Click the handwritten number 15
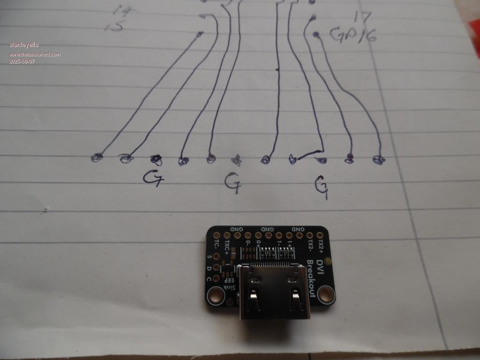pyautogui.click(x=114, y=27)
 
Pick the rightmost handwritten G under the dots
pyautogui.click(x=321, y=187)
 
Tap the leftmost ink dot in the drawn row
pyautogui.click(x=97, y=157)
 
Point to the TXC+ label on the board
pyautogui.click(x=227, y=247)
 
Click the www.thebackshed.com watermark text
pyautogui.click(x=35, y=54)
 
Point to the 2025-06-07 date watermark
pyautogui.click(x=22, y=61)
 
